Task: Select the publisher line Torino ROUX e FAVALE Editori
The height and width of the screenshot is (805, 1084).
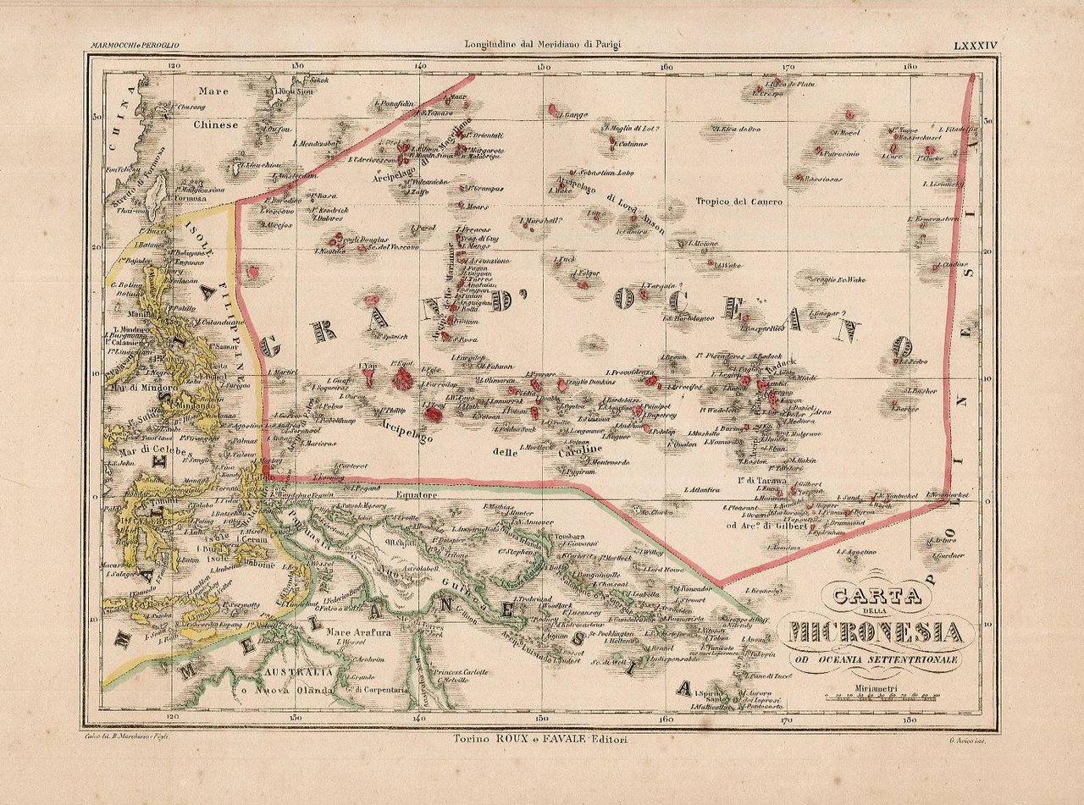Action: [x=542, y=739]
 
